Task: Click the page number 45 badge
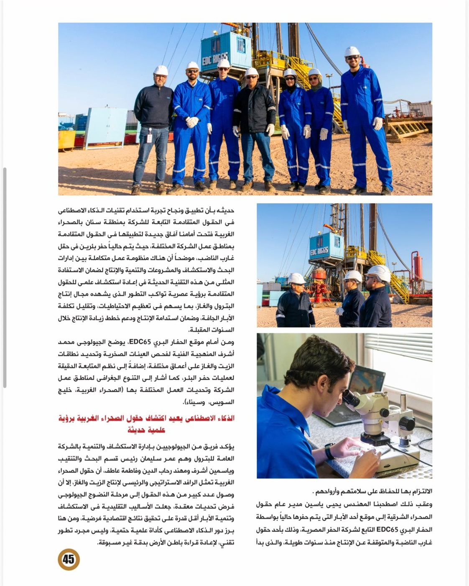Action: pos(68,559)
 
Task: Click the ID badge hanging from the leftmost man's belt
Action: pos(149,136)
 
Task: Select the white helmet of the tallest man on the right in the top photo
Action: pos(352,51)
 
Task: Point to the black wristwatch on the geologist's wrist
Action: pos(330,452)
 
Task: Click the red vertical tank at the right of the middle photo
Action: pos(417,268)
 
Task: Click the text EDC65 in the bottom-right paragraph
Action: pos(388,530)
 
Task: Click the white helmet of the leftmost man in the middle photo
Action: pos(296,278)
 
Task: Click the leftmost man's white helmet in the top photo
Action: pos(161,70)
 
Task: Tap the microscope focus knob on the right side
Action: pos(406,424)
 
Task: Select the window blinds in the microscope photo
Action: pos(397,347)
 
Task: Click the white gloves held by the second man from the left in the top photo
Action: pos(192,122)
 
